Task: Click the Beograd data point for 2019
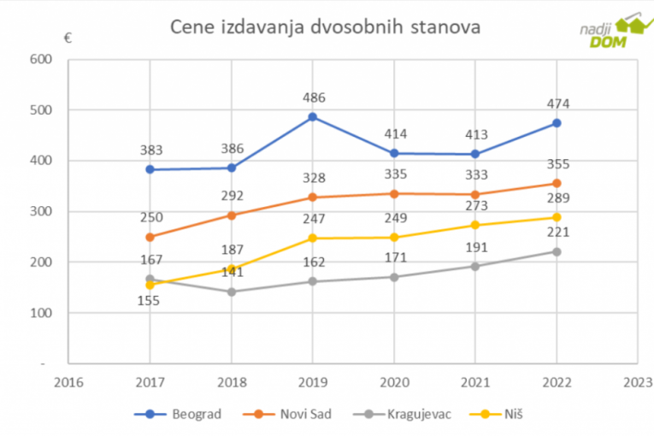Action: point(313,116)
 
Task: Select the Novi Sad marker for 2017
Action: point(150,237)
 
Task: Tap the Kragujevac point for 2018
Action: point(231,292)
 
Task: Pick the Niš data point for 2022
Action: point(557,217)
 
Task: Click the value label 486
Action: point(314,97)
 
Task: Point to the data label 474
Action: point(558,103)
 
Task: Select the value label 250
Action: point(151,217)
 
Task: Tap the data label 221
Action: point(558,232)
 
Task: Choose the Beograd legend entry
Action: point(179,414)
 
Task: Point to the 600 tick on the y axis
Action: point(40,59)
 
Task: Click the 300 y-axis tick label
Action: point(40,211)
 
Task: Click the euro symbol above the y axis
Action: point(67,38)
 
